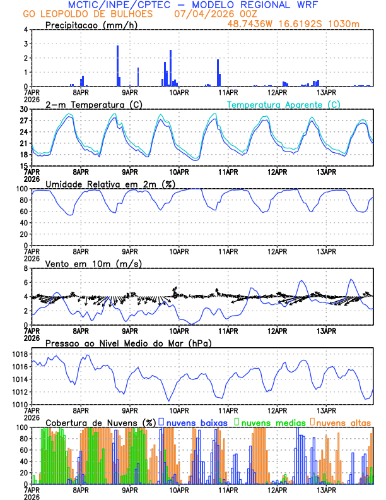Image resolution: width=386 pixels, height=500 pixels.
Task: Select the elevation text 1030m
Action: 347,24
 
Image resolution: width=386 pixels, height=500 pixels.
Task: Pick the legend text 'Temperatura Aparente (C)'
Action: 284,104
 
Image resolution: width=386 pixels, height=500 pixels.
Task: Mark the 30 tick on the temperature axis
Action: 24,109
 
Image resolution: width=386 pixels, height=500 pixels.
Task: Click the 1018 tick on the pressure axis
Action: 20,355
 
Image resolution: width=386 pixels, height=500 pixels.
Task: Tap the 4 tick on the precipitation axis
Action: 26,30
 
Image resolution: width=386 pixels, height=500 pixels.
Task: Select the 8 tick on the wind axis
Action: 26,268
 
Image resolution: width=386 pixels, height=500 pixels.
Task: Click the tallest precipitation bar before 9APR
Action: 117,65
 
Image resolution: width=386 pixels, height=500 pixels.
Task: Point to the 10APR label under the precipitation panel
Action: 179,92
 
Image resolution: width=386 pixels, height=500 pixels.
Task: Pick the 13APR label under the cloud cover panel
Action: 326,490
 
